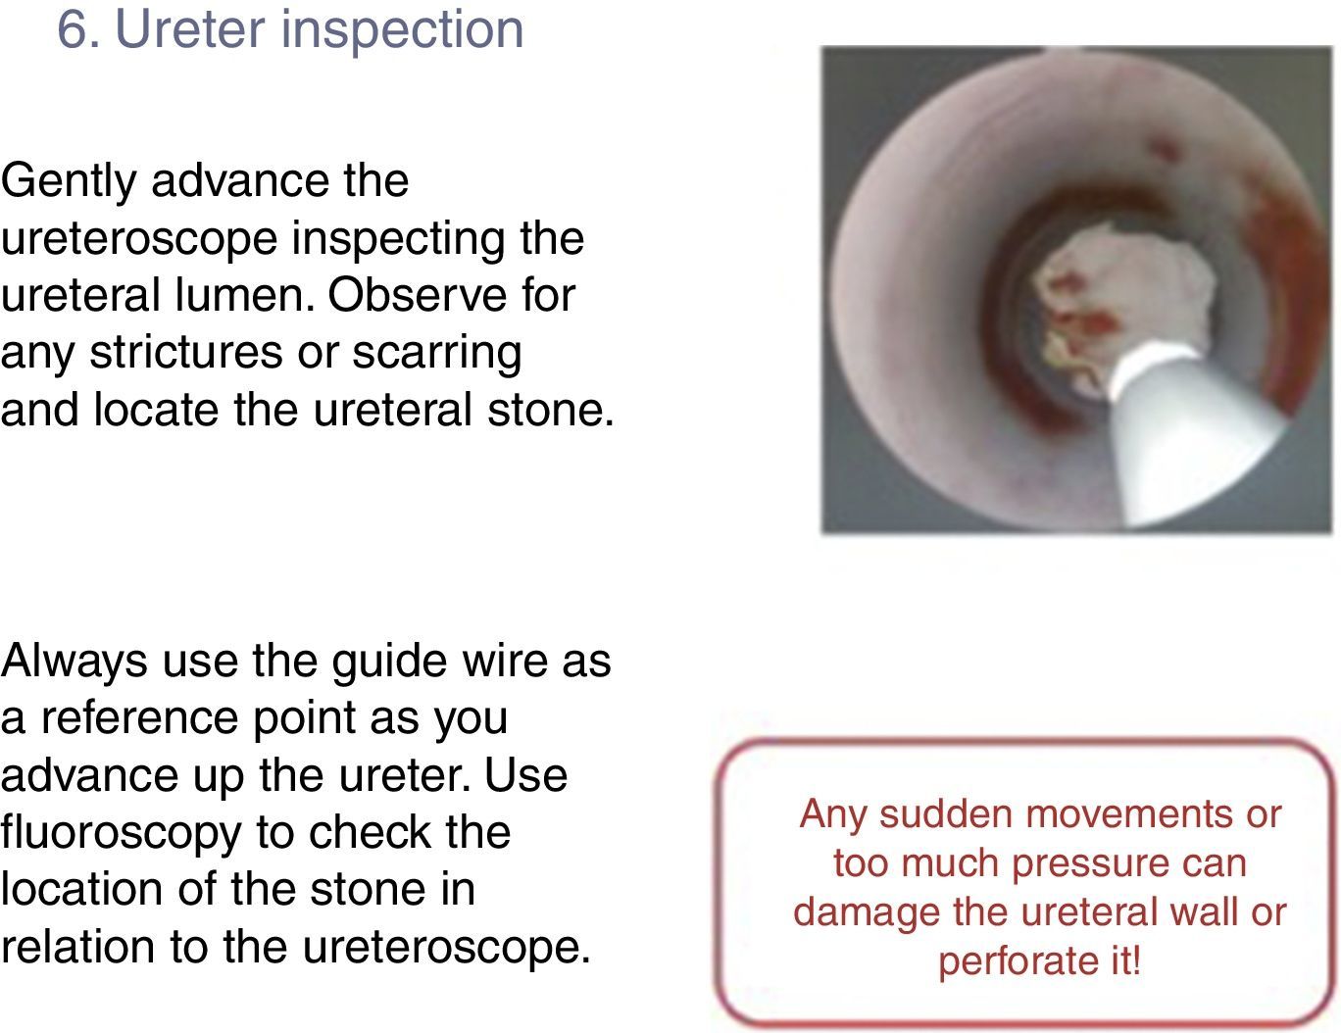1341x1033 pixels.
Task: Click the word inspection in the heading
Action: click(x=402, y=30)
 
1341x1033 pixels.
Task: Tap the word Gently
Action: click(x=69, y=182)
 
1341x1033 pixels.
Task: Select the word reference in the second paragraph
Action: click(x=139, y=718)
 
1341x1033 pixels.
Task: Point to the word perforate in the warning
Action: click(x=1015, y=960)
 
